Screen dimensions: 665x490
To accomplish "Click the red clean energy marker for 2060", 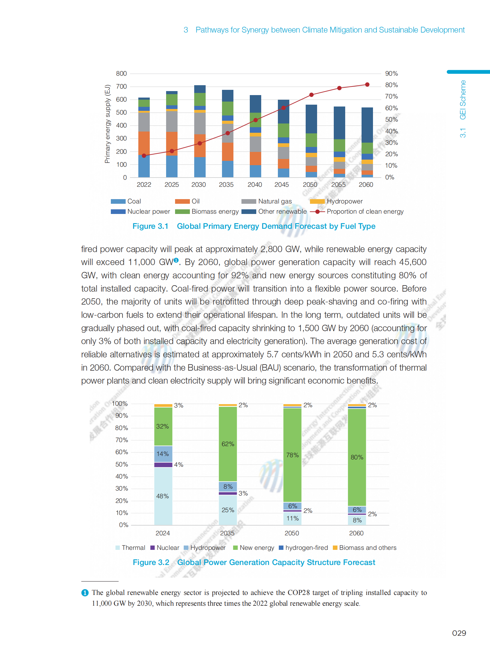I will pos(367,85).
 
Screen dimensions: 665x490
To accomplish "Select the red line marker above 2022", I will pos(144,156).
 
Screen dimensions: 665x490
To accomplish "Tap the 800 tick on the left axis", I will pos(121,73).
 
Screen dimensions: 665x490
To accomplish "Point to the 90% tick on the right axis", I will pos(391,73).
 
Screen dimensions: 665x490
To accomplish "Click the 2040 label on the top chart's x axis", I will pos(255,185).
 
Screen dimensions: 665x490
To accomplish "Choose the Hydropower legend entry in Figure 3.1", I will pos(344,201).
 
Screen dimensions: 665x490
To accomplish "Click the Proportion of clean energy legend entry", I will pos(365,211).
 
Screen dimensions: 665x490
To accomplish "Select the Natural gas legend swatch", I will pos(249,202).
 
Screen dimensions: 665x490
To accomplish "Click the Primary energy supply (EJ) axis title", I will pos(107,123).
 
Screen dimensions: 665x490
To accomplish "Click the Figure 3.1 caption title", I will pos(254,226).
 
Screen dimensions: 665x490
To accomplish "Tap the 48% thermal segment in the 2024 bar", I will pos(163,496).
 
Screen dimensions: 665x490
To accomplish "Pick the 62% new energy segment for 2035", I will pos(228,444).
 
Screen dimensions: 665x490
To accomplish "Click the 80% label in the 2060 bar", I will pos(357,457).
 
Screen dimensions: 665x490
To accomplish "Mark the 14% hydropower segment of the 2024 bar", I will pos(163,454).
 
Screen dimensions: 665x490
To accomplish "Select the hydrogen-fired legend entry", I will pos(306,548).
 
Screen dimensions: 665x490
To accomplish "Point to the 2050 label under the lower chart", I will pos(292,533).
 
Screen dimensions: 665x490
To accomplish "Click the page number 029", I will pos(459,633).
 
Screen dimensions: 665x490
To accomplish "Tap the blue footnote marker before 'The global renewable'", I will pos(85,593).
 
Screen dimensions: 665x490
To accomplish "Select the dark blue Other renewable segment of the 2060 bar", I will pos(367,125).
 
